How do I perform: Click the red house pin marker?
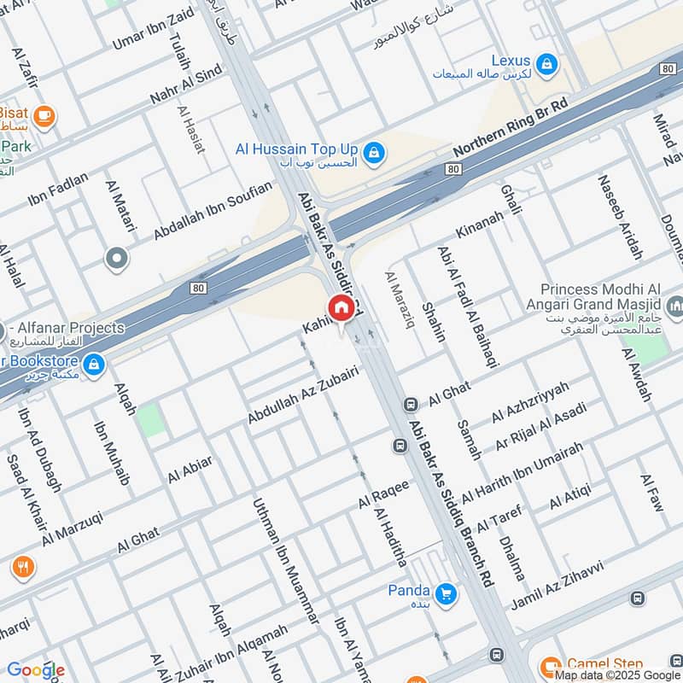341,308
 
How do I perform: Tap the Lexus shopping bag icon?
546,62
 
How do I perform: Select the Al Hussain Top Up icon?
372,154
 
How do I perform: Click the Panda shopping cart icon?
445,593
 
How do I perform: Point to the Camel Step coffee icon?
551,664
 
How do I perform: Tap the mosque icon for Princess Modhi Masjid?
675,305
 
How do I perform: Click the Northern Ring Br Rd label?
511,127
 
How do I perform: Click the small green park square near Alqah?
151,420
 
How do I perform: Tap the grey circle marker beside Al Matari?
116,257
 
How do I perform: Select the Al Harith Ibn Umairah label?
522,472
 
